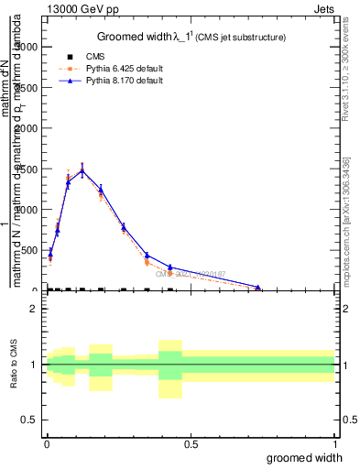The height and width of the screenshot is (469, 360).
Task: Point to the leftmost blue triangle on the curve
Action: click(49, 253)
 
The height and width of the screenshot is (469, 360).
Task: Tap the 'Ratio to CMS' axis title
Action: click(15, 365)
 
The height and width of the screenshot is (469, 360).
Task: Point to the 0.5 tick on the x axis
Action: click(191, 444)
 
